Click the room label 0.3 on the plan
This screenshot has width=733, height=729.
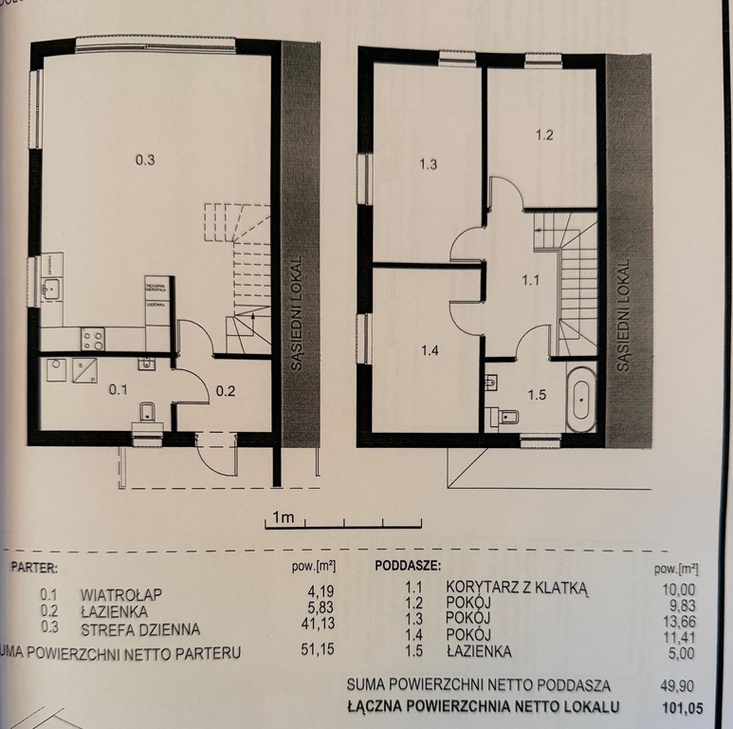tap(144, 160)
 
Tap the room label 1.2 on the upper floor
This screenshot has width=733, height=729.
tap(543, 135)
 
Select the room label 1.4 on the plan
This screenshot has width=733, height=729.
tap(430, 350)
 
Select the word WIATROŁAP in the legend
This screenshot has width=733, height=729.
tap(121, 594)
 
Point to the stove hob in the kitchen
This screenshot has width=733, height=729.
tap(93, 338)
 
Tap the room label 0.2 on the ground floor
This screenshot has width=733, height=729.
tap(225, 389)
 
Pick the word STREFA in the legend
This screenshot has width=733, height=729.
tap(107, 628)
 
